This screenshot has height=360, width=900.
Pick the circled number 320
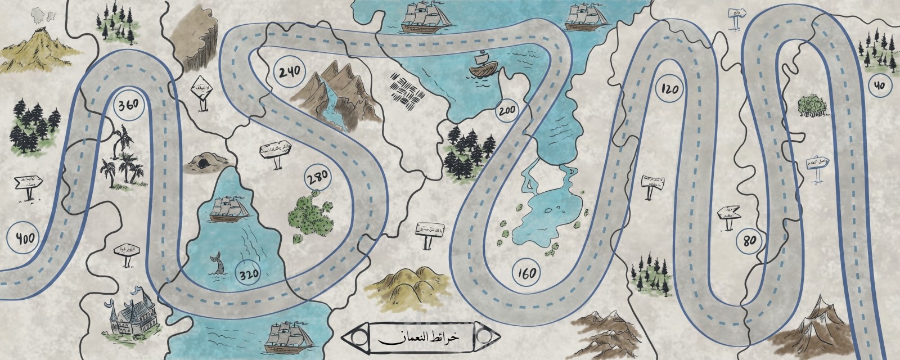pos(249,274)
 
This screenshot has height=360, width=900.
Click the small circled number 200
pos(505,111)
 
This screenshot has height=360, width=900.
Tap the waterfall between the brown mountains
pos(336,101)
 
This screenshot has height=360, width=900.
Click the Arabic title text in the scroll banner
pos(418,338)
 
